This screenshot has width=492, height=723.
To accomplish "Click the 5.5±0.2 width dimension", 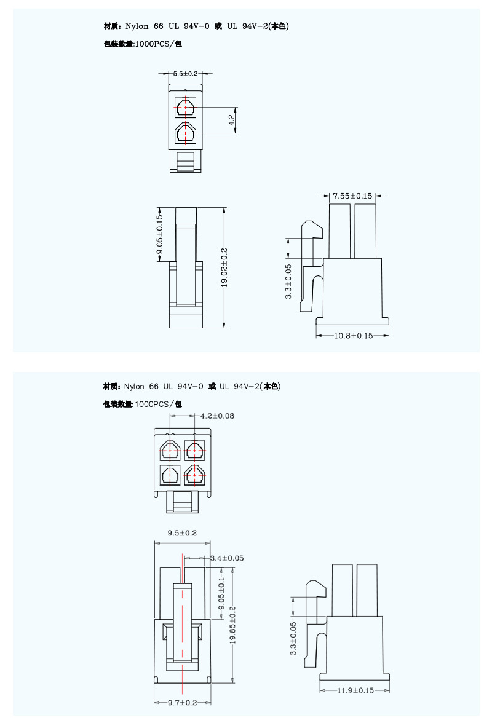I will point(186,74).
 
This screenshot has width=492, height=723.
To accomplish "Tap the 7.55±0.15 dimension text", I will point(353,196).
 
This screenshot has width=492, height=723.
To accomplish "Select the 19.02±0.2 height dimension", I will point(224,268).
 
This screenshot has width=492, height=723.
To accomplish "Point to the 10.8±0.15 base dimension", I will point(353,336).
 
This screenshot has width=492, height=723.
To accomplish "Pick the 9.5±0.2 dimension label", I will point(182,533).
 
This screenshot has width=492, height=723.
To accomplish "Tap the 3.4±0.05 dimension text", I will point(227,558).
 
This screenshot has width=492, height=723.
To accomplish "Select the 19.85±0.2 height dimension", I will point(233,625).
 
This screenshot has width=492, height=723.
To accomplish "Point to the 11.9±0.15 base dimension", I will point(355,690).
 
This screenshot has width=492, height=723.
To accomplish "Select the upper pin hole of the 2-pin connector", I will point(185,108).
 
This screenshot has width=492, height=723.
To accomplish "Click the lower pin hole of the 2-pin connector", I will point(185,133).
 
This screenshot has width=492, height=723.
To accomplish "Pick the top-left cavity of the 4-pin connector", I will point(170,450).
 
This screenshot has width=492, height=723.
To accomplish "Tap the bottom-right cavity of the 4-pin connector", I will point(195,475).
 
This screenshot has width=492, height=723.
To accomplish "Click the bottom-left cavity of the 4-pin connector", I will point(170,475).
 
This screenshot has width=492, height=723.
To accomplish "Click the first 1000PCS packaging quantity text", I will point(158,44).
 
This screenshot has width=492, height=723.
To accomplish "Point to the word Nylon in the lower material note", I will point(134,387).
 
